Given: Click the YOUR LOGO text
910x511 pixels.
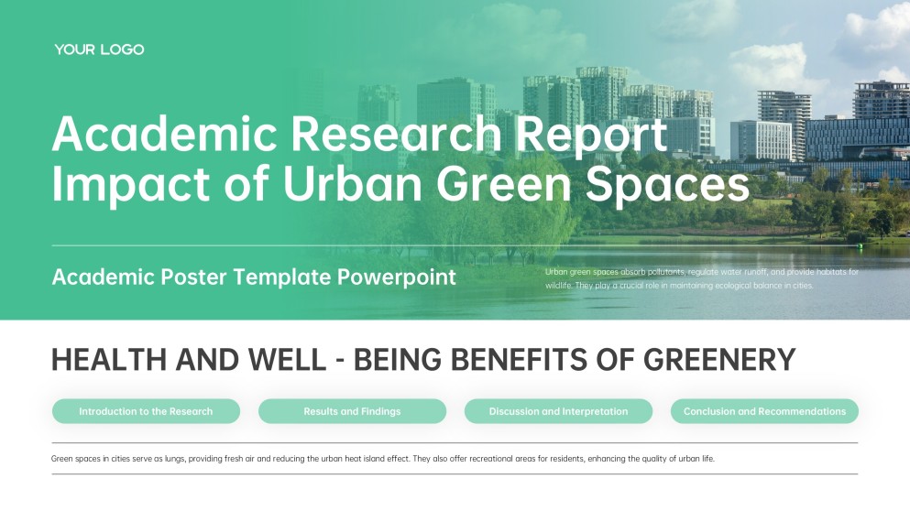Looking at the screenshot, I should [x=99, y=49].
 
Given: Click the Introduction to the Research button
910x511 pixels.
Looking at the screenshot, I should [x=146, y=411].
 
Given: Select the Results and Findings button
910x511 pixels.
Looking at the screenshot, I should [x=352, y=411].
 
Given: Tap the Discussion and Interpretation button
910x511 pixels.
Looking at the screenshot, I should [x=558, y=411].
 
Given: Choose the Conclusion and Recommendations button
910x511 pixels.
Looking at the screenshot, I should [x=764, y=411].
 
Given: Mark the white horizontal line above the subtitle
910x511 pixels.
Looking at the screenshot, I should [x=275, y=245].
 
